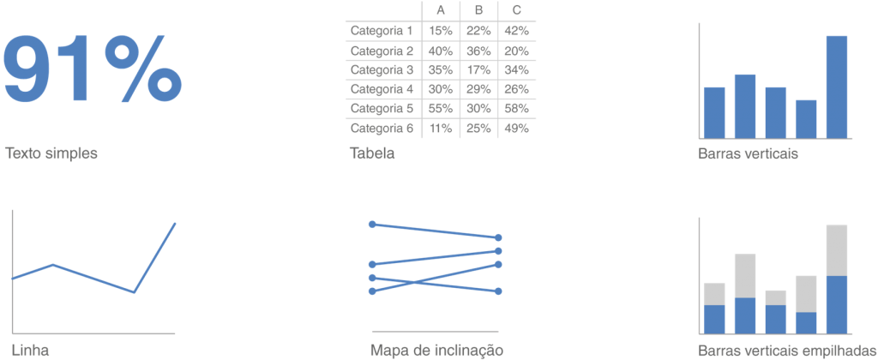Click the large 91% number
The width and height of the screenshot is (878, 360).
click(93, 69)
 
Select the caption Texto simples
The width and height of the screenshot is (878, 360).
click(51, 153)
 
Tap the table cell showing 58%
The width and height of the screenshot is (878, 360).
click(516, 108)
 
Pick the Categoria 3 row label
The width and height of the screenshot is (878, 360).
click(382, 70)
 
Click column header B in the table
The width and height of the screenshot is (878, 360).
click(478, 11)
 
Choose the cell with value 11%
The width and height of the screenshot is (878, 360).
click(441, 129)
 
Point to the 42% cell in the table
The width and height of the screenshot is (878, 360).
click(516, 30)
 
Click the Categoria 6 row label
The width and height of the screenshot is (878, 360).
click(382, 129)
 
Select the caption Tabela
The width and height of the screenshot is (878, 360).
click(372, 153)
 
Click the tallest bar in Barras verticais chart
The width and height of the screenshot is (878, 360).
click(837, 87)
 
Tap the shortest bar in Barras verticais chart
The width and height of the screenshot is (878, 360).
click(806, 119)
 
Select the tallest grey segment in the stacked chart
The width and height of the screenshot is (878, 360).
click(837, 250)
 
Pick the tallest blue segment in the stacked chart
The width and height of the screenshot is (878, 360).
click(837, 304)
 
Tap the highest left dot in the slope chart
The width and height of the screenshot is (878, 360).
click(372, 224)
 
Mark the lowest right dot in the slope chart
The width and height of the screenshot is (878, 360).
click(498, 291)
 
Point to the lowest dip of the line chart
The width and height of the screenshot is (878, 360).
click(134, 292)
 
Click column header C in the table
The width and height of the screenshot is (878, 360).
click(516, 11)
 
